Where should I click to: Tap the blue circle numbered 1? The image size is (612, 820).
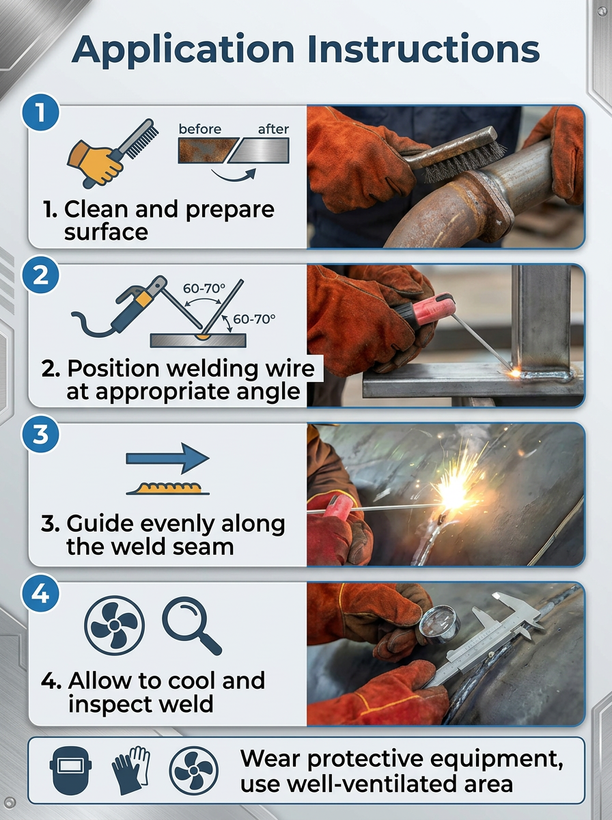[x=40, y=112]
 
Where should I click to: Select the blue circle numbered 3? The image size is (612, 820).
[x=40, y=435]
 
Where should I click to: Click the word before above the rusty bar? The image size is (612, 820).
[x=199, y=129]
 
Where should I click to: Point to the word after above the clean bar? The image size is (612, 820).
[x=273, y=129]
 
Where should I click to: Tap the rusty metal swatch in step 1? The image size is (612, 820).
[x=208, y=150]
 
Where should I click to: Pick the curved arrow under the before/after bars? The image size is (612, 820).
[x=234, y=175]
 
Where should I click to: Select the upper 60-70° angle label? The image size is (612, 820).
[x=204, y=289]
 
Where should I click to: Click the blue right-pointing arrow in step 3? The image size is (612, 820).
[x=167, y=459]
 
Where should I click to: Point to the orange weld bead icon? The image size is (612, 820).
[x=168, y=489]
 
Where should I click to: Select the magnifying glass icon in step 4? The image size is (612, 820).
[x=191, y=625]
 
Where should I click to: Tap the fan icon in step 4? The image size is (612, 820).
[x=114, y=625]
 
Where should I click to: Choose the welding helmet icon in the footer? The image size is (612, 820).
[x=70, y=770]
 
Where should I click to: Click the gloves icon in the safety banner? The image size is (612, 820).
[x=131, y=770]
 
